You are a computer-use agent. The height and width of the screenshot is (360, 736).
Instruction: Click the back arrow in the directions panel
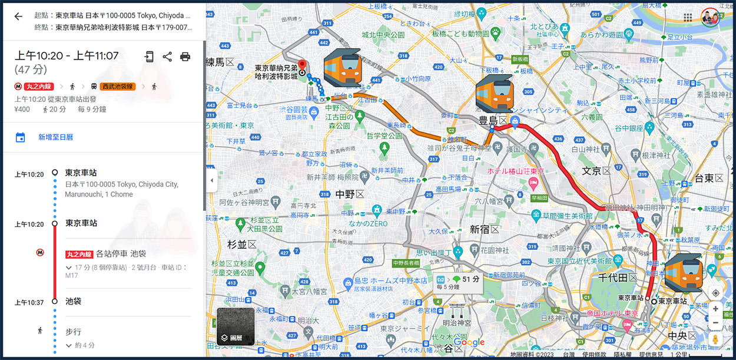pyautogui.click(x=18, y=16)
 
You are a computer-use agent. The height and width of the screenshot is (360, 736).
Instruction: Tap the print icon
pyautogui.click(x=185, y=57)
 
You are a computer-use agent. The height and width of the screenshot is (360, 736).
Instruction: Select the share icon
pyautogui.click(x=167, y=57)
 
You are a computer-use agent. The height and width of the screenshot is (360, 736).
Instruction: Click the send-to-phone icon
pyautogui.click(x=150, y=57)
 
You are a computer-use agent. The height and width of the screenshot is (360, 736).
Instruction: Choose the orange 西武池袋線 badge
pyautogui.click(x=117, y=87)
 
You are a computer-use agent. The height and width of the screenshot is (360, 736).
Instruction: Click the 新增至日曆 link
pyautogui.click(x=55, y=137)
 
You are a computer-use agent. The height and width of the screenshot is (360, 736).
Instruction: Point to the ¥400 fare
pyautogui.click(x=22, y=109)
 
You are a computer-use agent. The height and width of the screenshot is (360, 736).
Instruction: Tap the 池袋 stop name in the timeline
pyautogui.click(x=73, y=301)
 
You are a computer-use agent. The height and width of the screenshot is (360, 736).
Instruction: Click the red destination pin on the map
pyautogui.click(x=303, y=64)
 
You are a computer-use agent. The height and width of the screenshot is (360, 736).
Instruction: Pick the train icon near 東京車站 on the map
pyautogui.click(x=683, y=273)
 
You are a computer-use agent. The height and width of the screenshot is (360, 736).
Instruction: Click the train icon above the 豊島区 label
pyautogui.click(x=494, y=94)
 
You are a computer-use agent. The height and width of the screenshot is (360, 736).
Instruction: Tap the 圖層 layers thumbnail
pyautogui.click(x=236, y=326)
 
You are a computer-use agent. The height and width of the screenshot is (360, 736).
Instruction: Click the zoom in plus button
pyautogui.click(x=715, y=309)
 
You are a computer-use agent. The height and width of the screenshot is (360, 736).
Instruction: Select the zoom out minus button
pyautogui.click(x=715, y=323)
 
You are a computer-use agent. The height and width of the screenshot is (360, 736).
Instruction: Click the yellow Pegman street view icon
pyautogui.click(x=715, y=340)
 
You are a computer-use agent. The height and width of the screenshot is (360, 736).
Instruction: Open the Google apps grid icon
pyautogui.click(x=688, y=17)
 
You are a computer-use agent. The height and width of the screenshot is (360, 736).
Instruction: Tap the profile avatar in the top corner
pyautogui.click(x=711, y=17)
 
